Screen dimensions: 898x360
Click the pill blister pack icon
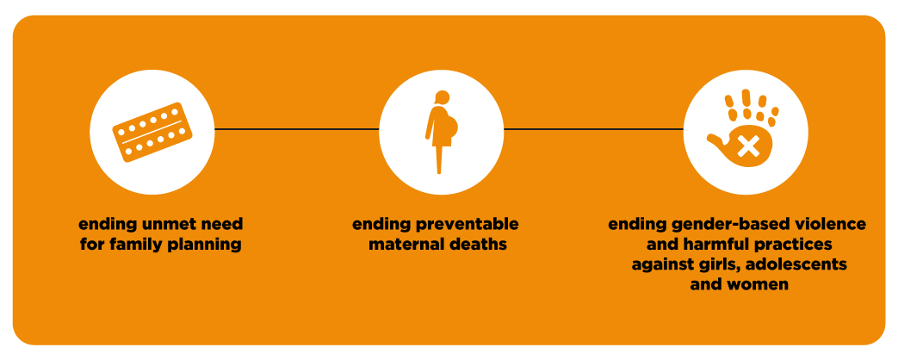pos(152,132)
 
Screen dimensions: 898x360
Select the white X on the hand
pos(748,144)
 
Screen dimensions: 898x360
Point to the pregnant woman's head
pos(442,97)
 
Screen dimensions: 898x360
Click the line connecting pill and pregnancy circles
pos(297,129)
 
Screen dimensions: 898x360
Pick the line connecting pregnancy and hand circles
pos(593,129)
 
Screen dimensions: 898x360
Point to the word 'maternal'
pos(405,245)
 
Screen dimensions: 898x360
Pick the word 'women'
pos(760,285)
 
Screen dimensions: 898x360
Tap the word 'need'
pos(220,223)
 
